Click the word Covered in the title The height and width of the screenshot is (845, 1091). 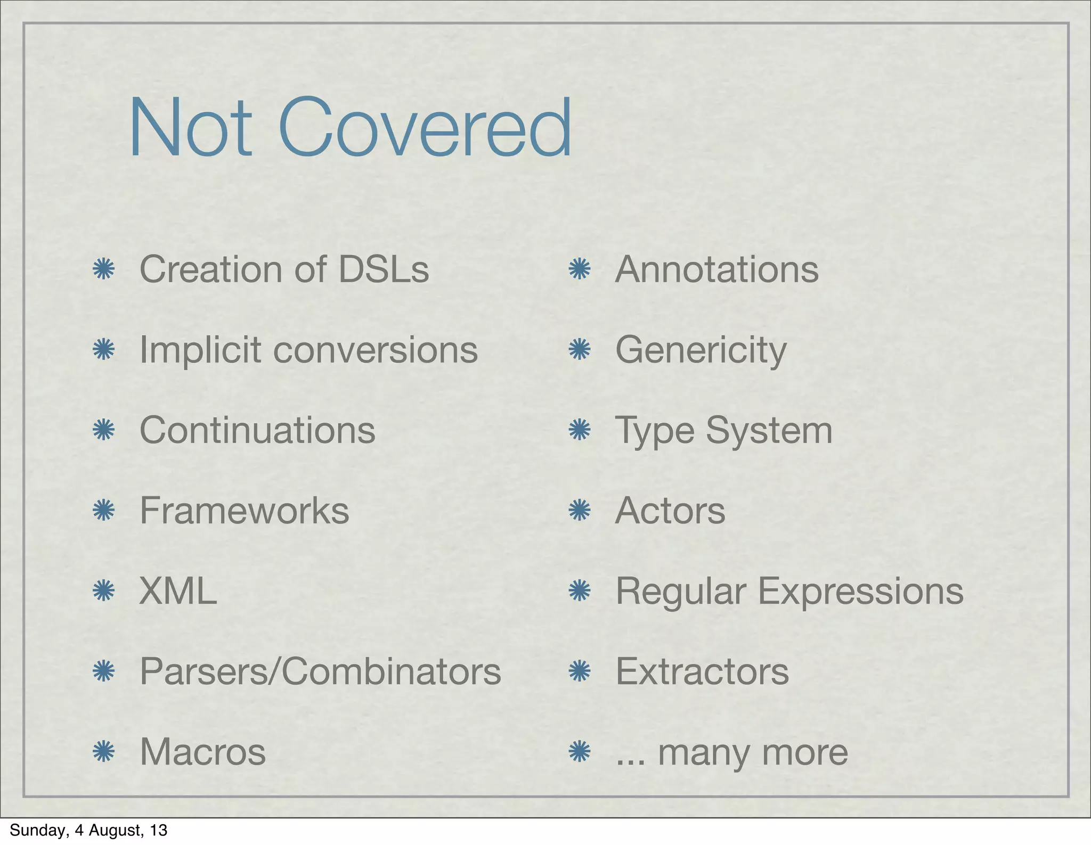[425, 128]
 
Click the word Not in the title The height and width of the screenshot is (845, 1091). [190, 128]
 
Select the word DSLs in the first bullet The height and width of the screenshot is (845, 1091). [384, 269]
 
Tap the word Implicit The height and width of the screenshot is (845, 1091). [200, 350]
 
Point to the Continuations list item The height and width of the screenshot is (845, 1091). [257, 430]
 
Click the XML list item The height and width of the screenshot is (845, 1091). [178, 591]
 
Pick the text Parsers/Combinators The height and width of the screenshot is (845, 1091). [320, 671]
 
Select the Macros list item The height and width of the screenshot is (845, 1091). [202, 752]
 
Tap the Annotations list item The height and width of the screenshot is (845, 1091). [717, 269]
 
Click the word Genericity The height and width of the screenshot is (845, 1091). [701, 350]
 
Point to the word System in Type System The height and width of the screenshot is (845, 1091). [769, 430]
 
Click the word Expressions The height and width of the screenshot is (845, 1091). [860, 591]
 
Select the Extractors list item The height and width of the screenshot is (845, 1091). [702, 671]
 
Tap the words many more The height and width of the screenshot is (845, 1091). [753, 753]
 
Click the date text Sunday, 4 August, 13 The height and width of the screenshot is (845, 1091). [88, 830]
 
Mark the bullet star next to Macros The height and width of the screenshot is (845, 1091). [104, 752]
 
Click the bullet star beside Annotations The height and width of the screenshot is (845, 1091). [580, 269]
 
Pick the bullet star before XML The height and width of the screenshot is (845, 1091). [104, 590]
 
